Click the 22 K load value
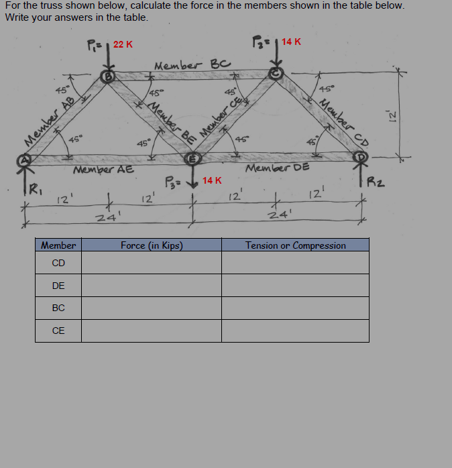pos(123,44)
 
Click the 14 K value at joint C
pos(291,42)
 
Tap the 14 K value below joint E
pos(212,180)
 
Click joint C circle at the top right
pos(276,72)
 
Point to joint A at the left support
pos(25,160)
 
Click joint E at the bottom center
pos(192,159)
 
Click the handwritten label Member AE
pos(103,170)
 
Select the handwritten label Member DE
pos(278,168)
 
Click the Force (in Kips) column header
pos(152,245)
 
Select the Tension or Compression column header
pos(295,245)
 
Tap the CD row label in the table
pos(58,263)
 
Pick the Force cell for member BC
pos(152,308)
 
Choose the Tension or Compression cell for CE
pos(295,331)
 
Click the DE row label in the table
pos(58,286)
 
